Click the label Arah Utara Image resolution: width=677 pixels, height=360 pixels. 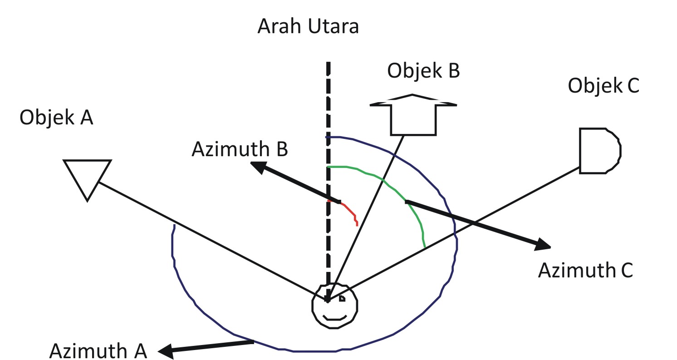click(x=308, y=27)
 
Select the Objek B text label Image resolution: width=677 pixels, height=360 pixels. click(x=423, y=71)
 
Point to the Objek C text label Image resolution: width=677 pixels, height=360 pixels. click(x=603, y=85)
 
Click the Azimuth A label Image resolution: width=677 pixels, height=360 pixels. click(x=98, y=350)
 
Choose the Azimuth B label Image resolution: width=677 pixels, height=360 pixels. click(x=240, y=149)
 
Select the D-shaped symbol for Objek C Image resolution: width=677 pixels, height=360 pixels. click(x=599, y=151)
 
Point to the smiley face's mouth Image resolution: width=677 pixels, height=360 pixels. click(x=335, y=317)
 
